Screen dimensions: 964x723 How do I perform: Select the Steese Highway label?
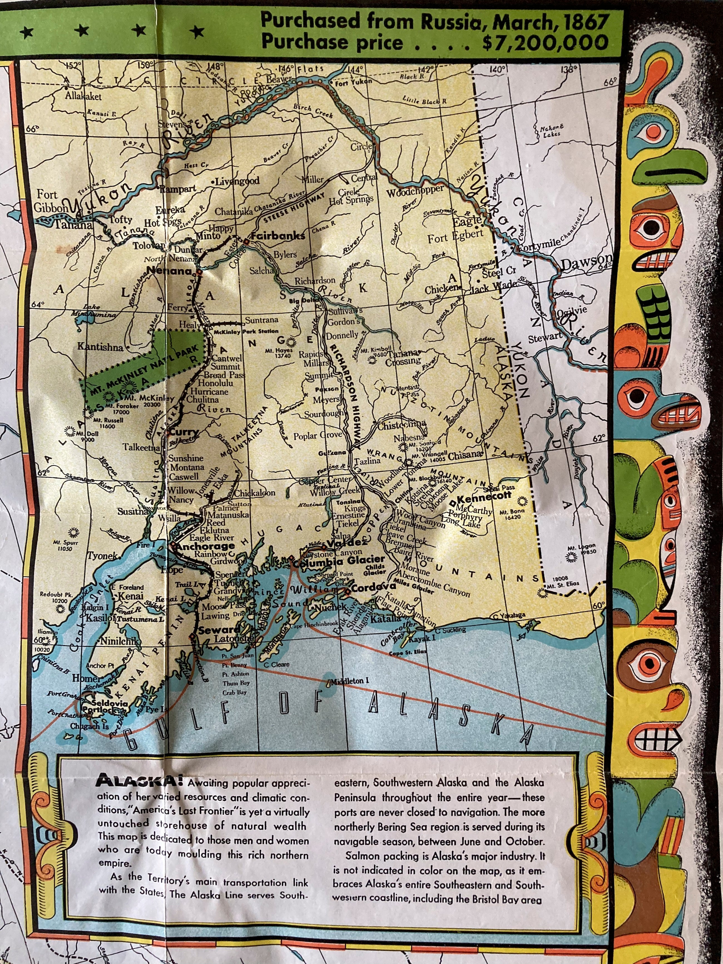pyautogui.click(x=294, y=208)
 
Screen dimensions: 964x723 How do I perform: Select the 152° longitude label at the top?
pyautogui.click(x=74, y=65)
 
